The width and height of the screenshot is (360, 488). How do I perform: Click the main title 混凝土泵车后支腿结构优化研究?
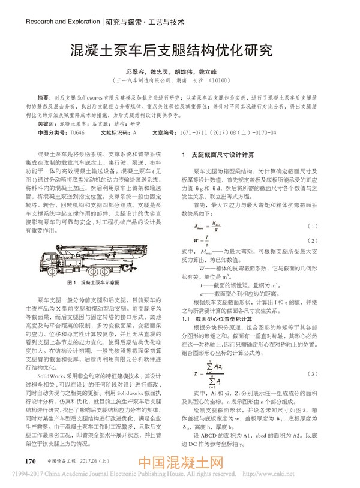click(x=179, y=49)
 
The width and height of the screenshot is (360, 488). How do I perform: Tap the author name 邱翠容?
click(x=137, y=70)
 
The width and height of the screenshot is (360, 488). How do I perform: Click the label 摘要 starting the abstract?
click(x=44, y=97)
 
